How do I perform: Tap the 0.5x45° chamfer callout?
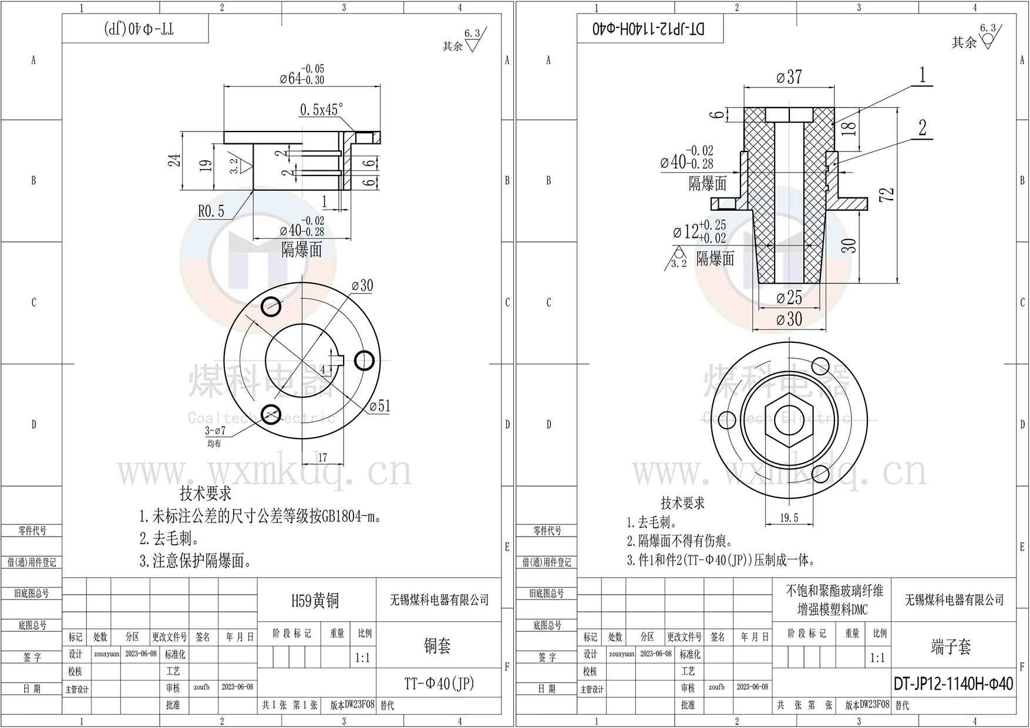click(x=321, y=110)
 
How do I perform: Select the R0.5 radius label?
click(x=211, y=211)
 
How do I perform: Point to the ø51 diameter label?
click(x=380, y=406)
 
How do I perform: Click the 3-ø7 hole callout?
click(x=215, y=431)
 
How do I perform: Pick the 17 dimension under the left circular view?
click(x=322, y=457)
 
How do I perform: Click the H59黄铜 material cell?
click(x=315, y=600)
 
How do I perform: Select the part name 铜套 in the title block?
click(x=437, y=646)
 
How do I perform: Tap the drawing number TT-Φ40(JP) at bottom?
click(x=438, y=683)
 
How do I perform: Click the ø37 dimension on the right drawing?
click(x=789, y=77)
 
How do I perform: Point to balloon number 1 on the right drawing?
click(x=922, y=75)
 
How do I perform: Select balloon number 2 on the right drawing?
click(x=922, y=128)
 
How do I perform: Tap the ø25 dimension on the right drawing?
click(x=789, y=298)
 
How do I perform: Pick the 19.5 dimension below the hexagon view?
click(x=789, y=518)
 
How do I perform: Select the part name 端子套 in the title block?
click(x=951, y=646)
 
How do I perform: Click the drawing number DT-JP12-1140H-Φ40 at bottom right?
click(x=953, y=684)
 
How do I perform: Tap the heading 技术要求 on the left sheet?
click(x=206, y=493)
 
